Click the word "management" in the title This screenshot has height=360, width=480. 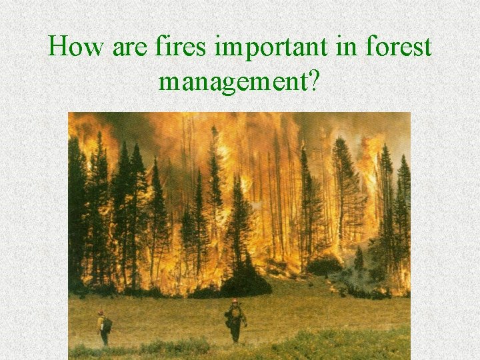click(234, 83)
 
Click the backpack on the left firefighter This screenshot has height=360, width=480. click(107, 325)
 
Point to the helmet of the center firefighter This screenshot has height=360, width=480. click(235, 302)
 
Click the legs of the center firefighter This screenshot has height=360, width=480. click(235, 333)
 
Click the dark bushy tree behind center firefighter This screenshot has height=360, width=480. click(245, 280)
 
